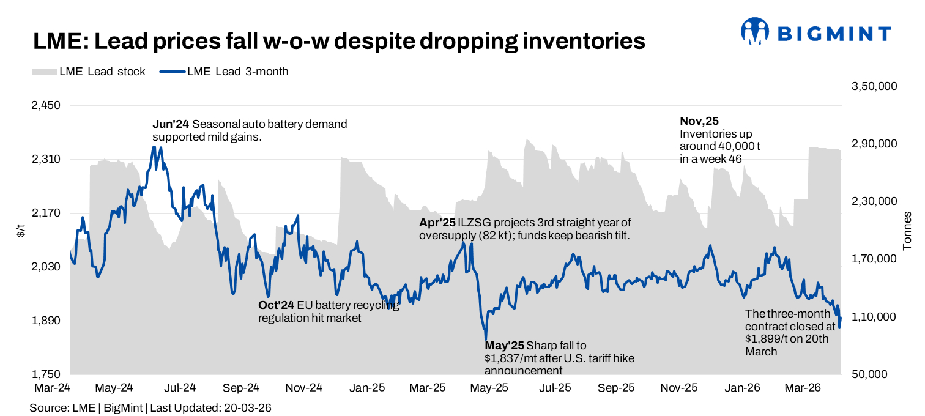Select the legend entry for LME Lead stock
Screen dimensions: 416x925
89,72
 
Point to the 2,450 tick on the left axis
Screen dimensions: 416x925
46,106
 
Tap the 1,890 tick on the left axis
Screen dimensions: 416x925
46,321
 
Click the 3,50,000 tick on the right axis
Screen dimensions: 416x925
874,86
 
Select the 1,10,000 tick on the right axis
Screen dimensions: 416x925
874,317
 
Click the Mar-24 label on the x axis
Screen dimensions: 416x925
52,388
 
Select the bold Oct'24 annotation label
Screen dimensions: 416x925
277,305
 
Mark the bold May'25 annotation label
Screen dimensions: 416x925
504,346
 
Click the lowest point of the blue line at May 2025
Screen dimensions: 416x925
486,339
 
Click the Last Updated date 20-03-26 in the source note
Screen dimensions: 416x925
247,407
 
